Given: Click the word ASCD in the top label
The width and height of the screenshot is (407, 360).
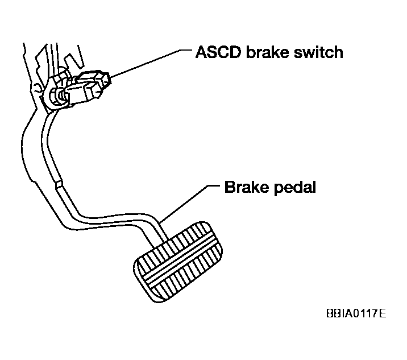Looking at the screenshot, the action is click(x=218, y=52).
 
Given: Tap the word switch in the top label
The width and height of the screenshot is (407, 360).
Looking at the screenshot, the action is click(x=318, y=52).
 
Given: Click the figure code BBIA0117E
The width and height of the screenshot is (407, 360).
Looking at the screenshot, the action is click(x=356, y=313).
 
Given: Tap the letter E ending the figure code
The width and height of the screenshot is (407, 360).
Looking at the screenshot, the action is click(x=383, y=313).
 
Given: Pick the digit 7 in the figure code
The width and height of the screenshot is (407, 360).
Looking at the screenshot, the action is click(x=375, y=313).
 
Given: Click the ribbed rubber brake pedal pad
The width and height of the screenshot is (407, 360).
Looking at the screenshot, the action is click(x=178, y=262).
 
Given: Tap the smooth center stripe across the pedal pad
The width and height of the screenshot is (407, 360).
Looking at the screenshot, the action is click(x=180, y=260).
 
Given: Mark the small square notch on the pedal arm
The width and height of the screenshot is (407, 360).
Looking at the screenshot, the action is click(x=59, y=184).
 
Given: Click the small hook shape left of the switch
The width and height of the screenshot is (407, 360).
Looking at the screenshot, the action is click(x=38, y=87).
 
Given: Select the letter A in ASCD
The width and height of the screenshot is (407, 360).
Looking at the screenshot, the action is click(x=201, y=52).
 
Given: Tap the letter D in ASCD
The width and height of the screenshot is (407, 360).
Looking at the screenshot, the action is click(x=235, y=52).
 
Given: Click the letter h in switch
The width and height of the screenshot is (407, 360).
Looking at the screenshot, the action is click(x=338, y=52).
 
